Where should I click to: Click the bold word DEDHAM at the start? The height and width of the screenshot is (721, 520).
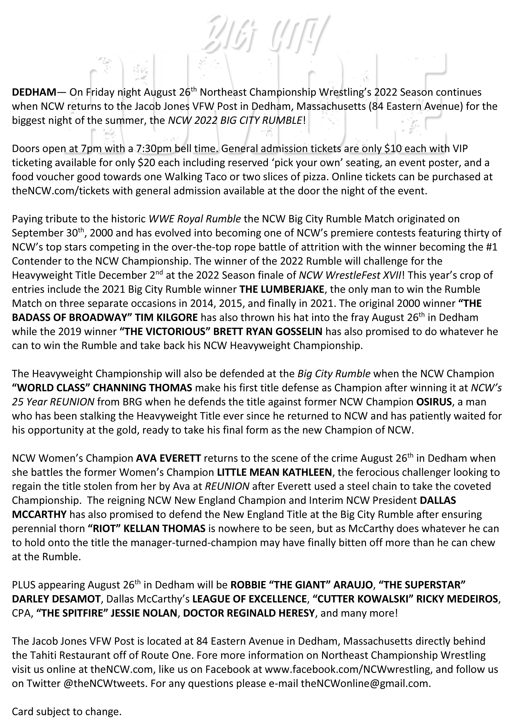click(34, 93)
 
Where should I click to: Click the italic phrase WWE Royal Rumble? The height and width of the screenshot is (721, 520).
click(195, 219)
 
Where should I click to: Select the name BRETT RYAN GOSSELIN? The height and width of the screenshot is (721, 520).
click(268, 331)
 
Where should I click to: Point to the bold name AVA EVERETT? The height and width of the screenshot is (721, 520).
click(169, 458)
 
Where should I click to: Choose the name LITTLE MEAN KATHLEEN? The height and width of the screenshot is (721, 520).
click(274, 472)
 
